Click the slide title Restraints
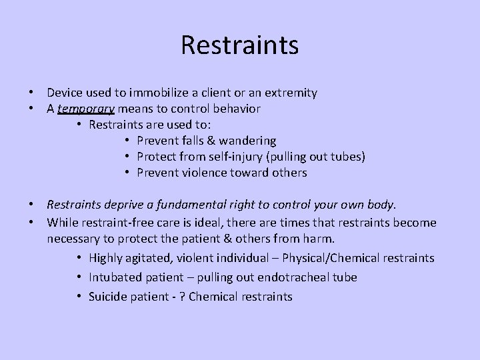tap(239, 45)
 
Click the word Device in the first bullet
tap(65, 93)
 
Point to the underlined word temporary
tap(87, 108)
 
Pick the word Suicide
tap(109, 296)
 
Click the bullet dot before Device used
tap(31, 93)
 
